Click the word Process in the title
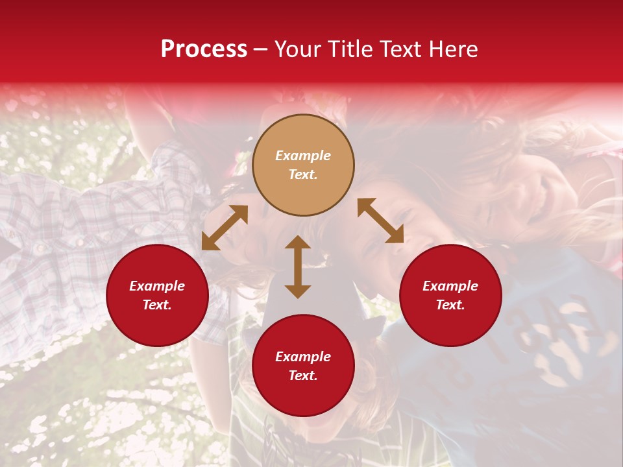click(x=204, y=49)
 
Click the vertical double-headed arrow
click(x=298, y=267)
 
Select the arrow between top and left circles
click(x=225, y=228)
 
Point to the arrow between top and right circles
click(x=380, y=221)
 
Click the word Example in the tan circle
click(x=303, y=156)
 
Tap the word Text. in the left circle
click(x=157, y=305)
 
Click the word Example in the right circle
click(x=450, y=286)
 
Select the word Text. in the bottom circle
click(x=303, y=376)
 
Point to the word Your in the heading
click(x=297, y=49)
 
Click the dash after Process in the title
click(x=261, y=50)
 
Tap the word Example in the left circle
click(x=157, y=286)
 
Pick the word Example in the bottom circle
click(x=303, y=357)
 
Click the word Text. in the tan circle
click(x=303, y=174)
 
